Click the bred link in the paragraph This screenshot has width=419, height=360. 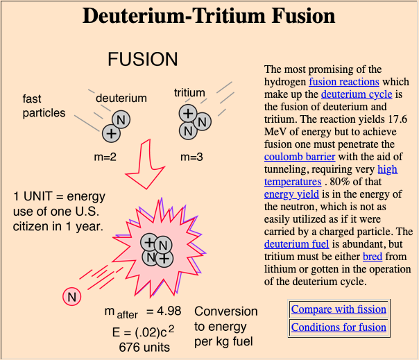373,257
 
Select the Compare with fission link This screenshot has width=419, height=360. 339,309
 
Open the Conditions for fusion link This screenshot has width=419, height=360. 339,327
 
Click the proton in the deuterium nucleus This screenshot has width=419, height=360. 110,132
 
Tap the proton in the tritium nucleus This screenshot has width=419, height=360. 187,114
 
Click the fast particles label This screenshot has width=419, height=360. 43,106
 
